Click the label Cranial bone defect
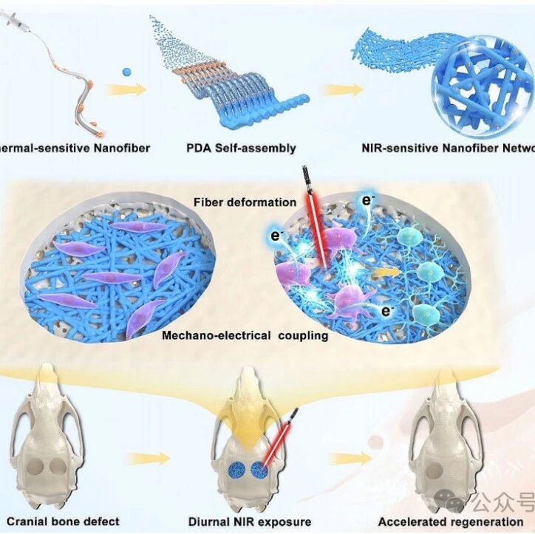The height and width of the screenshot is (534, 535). pyautogui.click(x=59, y=521)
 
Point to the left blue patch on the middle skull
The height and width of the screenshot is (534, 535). pyautogui.click(x=237, y=471)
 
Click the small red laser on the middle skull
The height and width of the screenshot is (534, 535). pyautogui.click(x=284, y=436)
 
